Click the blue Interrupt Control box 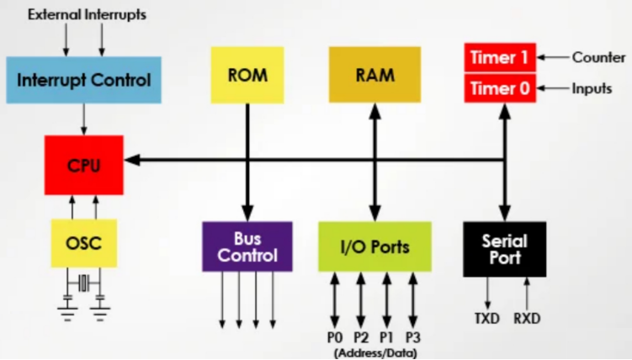[84, 80]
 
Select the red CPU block [84, 165]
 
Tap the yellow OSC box [84, 243]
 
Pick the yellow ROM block [247, 75]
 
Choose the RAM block [374, 75]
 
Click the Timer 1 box [500, 57]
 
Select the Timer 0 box [500, 88]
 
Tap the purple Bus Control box [247, 246]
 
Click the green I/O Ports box [374, 246]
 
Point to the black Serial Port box [505, 249]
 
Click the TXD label [487, 319]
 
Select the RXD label [527, 319]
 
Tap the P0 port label [335, 337]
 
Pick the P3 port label [413, 337]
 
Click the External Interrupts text [87, 14]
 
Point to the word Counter [599, 57]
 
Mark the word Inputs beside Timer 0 [592, 88]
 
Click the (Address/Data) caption [375, 353]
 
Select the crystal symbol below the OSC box [83, 283]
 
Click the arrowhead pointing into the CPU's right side [132, 161]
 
